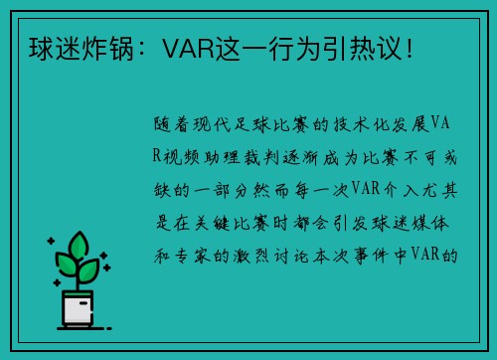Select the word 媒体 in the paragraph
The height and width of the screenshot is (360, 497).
[432, 223]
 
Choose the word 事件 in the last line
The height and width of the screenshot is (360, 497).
[379, 255]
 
